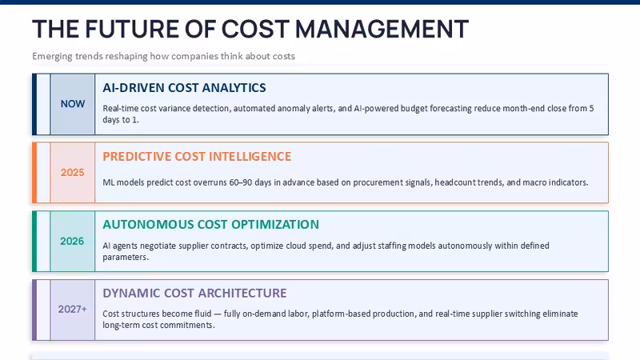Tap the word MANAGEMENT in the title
[x=382, y=30]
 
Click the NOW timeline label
[x=73, y=104]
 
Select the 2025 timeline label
[x=73, y=173]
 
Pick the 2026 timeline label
[x=72, y=242]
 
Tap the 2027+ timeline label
[x=73, y=310]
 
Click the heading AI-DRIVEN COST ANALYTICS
[x=184, y=88]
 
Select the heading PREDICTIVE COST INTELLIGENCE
[x=197, y=156]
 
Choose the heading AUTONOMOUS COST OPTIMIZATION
[x=210, y=225]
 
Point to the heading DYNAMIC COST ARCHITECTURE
[x=194, y=293]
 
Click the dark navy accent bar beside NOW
[x=34, y=104]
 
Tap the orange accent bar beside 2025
[x=34, y=173]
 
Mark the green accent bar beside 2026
[x=34, y=242]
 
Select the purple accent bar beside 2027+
[x=34, y=310]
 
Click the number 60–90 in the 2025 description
[x=241, y=182]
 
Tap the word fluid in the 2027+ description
[x=202, y=314]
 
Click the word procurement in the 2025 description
[x=374, y=183]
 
